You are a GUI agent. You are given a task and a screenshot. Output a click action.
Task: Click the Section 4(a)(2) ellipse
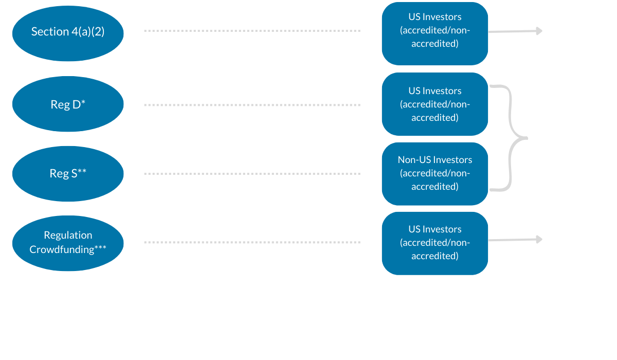pyautogui.click(x=68, y=32)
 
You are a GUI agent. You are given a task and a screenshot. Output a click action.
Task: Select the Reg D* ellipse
pyautogui.click(x=68, y=104)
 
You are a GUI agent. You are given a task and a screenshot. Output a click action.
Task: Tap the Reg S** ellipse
pyautogui.click(x=68, y=173)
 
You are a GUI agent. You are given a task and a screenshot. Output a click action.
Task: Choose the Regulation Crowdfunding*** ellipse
pyautogui.click(x=68, y=242)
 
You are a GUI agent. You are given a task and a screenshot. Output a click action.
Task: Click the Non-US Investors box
pyautogui.click(x=434, y=173)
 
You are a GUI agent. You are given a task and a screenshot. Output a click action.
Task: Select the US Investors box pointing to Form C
pyautogui.click(x=434, y=243)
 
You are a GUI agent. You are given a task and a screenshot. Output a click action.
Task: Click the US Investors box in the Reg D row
pyautogui.click(x=434, y=104)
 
